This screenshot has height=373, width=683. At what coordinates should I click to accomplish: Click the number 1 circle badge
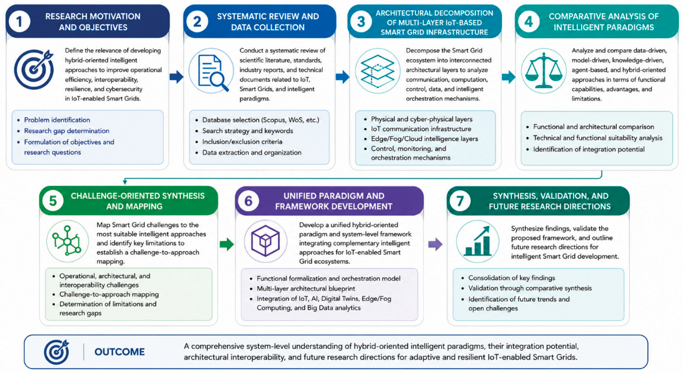point(19,21)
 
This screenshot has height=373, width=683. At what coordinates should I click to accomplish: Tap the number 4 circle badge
point(529,21)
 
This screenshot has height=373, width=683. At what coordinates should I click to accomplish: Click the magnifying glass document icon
point(211,71)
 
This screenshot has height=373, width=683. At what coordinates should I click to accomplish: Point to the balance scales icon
point(544,71)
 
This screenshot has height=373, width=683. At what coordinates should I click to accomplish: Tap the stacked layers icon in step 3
point(377,71)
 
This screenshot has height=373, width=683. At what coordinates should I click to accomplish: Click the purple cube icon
point(265,241)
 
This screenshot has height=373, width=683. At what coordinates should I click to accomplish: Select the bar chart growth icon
point(478,241)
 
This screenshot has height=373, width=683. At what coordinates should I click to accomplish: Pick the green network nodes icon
point(67,241)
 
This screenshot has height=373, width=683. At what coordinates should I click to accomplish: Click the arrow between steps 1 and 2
point(177,77)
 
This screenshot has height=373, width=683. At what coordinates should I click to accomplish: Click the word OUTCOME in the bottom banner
point(120,352)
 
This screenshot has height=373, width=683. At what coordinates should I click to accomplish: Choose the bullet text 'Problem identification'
point(57,120)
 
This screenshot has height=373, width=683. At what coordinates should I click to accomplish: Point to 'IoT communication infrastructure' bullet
point(421,129)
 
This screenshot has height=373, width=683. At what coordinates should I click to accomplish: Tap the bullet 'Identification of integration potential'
point(589,149)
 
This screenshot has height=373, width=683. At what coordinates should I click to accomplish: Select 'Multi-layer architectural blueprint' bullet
point(306,288)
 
